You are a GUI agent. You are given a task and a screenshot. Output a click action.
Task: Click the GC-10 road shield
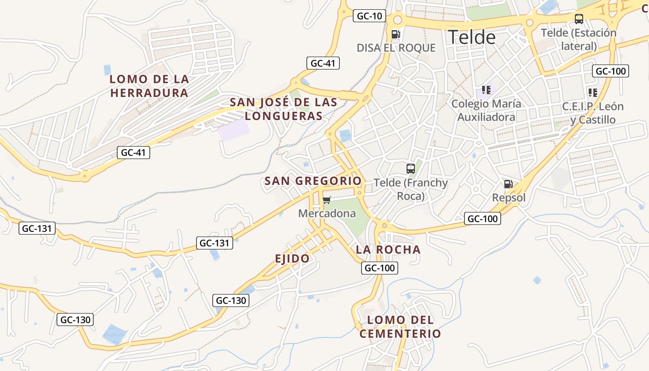(369, 16)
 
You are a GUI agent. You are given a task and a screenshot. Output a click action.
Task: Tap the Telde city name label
(471, 37)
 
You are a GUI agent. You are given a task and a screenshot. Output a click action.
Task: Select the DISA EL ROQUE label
(396, 48)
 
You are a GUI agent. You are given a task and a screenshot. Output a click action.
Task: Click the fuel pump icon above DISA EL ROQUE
(396, 34)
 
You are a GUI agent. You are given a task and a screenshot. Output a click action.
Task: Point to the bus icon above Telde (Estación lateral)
(579, 19)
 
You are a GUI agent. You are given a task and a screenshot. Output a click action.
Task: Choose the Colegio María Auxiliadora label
(486, 110)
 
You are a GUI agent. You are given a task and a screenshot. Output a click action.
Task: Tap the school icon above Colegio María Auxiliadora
(486, 90)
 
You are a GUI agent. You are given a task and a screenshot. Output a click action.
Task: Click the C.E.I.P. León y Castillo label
(593, 113)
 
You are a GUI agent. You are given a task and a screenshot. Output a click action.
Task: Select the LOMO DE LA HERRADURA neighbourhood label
(149, 86)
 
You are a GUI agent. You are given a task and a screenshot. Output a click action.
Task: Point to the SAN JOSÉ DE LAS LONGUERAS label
(284, 109)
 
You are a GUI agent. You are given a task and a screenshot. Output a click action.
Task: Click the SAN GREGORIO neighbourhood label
(313, 181)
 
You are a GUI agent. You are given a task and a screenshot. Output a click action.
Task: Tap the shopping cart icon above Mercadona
(327, 200)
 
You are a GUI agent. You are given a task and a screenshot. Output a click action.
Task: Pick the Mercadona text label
(327, 213)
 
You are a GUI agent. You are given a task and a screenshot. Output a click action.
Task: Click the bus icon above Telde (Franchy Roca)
(411, 168)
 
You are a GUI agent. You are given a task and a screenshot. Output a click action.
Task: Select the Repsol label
(509, 198)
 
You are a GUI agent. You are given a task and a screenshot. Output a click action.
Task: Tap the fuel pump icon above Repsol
(509, 184)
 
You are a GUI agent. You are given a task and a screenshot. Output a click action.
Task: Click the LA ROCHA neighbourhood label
(388, 249)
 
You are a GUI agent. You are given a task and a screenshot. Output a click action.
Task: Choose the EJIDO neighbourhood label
(292, 259)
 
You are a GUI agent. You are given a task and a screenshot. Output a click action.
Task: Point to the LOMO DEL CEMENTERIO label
(401, 327)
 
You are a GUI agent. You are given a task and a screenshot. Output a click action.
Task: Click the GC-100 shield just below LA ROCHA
(380, 268)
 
